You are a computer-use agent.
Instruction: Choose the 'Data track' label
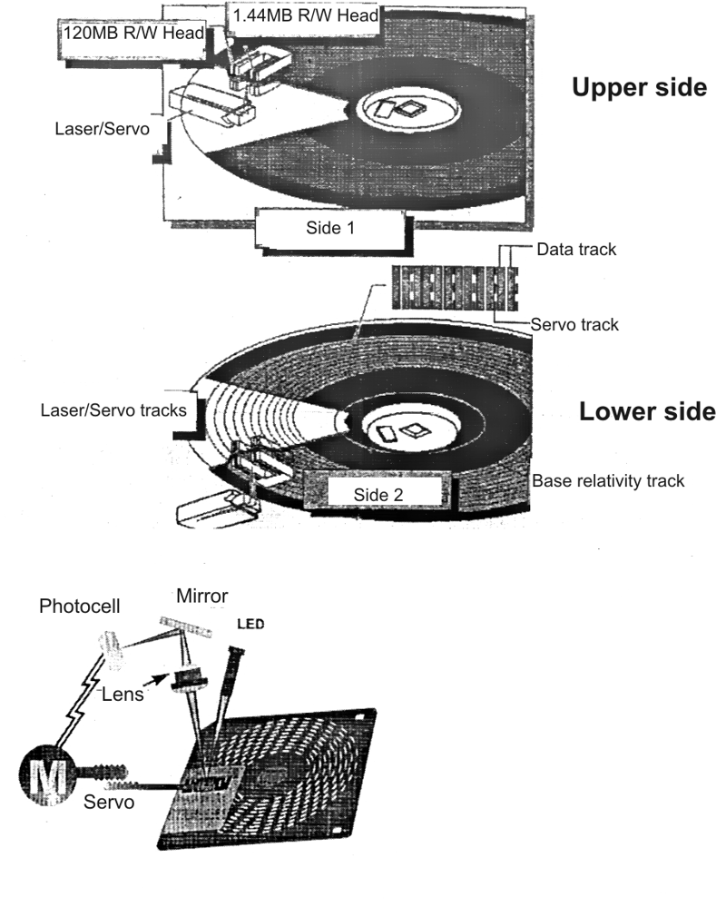tap(576, 251)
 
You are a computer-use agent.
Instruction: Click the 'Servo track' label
tap(574, 324)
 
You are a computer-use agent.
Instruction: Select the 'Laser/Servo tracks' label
tap(113, 410)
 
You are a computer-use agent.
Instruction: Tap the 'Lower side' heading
tap(647, 411)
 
